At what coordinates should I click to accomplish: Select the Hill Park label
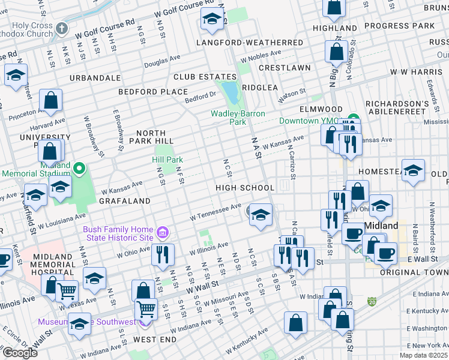166,160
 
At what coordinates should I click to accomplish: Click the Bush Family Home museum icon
161,232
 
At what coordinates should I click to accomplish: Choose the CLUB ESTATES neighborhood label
198,77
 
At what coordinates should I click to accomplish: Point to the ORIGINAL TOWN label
414,272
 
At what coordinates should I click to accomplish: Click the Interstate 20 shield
372,299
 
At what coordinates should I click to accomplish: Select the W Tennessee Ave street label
215,211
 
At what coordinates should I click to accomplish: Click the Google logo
19,353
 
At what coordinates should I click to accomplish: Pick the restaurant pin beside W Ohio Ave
163,256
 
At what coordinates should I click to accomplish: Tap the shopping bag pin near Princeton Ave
52,101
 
